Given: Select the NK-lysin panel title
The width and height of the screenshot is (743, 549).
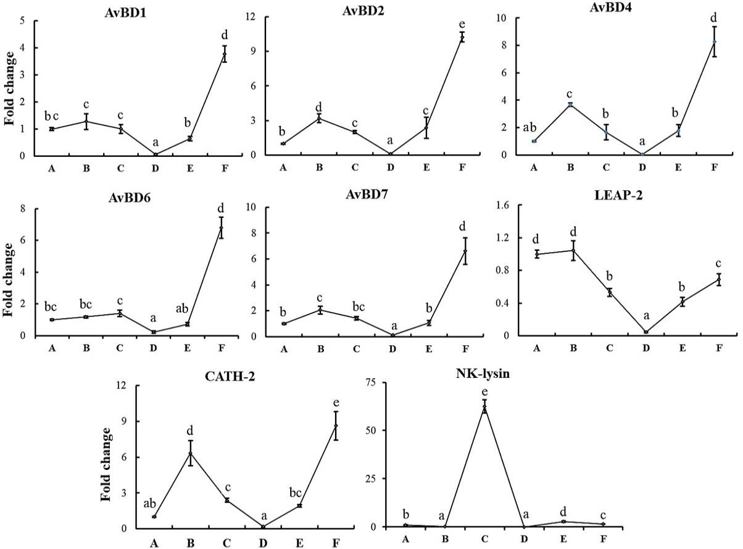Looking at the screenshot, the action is point(483,373).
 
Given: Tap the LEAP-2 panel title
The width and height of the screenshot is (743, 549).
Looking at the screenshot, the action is point(618,195).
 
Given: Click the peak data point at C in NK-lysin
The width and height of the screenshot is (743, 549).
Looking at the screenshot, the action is point(484,406).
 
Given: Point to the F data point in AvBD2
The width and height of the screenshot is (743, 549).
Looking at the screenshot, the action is point(462,37).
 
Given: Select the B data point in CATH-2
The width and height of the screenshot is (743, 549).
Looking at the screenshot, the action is point(191,453).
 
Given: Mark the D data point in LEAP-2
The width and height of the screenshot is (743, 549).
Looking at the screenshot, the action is point(646,332).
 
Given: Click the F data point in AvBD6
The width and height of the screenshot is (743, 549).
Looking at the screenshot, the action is point(221,228).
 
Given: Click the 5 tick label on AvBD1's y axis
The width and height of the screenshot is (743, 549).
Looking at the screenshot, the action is point(22,21).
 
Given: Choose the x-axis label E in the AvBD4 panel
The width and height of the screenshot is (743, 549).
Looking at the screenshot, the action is point(678,167).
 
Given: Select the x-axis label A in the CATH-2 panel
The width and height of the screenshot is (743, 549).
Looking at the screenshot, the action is point(154,543).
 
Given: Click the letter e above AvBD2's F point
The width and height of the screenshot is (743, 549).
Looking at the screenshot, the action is point(462,25).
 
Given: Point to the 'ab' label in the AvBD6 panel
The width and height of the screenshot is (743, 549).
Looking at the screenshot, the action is point(182,308).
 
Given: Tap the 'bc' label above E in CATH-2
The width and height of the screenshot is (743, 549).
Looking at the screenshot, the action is point(296,492).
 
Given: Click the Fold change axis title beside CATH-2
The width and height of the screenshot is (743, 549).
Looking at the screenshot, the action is point(106,464).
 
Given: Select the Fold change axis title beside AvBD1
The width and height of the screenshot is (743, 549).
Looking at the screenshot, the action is point(9,88).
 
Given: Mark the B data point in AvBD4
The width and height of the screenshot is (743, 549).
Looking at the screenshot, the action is point(570,104).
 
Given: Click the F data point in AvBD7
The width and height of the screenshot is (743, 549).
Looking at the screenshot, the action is point(465,251).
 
